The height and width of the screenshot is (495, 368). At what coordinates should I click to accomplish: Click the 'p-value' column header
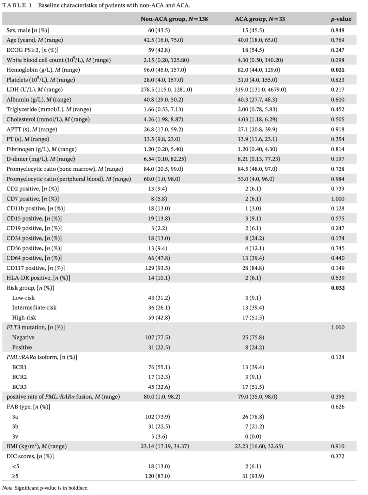click(341, 19)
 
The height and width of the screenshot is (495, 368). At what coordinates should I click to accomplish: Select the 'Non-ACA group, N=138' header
click(174, 19)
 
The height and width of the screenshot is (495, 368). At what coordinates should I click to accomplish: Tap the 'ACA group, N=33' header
click(260, 19)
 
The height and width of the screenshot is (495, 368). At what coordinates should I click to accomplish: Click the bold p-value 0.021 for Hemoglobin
click(337, 70)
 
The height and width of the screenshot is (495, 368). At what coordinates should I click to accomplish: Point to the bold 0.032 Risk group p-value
click(337, 288)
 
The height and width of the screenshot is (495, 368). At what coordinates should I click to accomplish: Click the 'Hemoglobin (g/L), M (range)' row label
click(43, 70)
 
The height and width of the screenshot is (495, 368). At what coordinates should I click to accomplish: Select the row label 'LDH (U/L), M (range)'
click(34, 90)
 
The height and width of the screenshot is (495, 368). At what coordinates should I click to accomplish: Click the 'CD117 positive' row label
click(35, 268)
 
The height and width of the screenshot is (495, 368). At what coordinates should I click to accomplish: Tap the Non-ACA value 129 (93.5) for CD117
click(157, 268)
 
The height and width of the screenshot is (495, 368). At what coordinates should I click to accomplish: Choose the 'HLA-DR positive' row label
click(38, 278)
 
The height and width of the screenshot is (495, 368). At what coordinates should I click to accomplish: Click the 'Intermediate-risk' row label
click(34, 308)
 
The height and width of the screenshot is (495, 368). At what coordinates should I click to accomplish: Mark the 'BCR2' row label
click(19, 377)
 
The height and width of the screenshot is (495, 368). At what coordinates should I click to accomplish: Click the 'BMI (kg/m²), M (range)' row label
click(36, 446)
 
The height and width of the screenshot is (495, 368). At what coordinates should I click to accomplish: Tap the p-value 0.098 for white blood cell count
click(337, 60)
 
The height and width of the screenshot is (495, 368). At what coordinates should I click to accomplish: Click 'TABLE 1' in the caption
click(17, 5)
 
